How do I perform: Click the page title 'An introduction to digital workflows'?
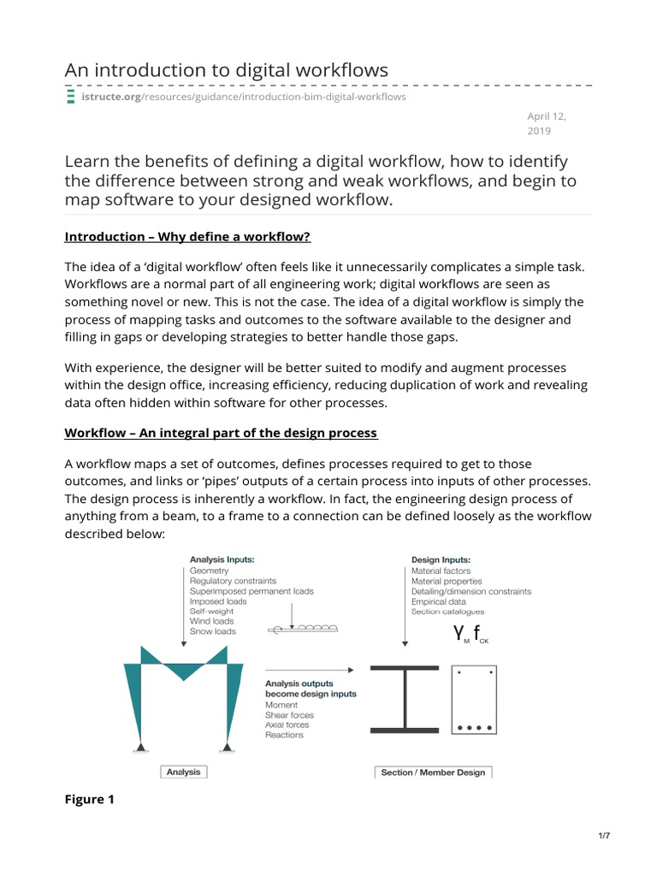coord(227,70)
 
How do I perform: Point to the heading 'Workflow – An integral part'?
coord(221,432)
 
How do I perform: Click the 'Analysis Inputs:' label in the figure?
coord(222,559)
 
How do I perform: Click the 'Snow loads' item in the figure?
coord(213,632)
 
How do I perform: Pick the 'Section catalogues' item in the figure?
coord(447,612)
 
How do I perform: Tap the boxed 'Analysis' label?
coord(183,772)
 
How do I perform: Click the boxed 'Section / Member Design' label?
coord(434,772)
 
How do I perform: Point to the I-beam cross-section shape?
coord(405,698)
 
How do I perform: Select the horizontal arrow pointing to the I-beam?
coord(310,670)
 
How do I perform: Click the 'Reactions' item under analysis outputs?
coord(284,735)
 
